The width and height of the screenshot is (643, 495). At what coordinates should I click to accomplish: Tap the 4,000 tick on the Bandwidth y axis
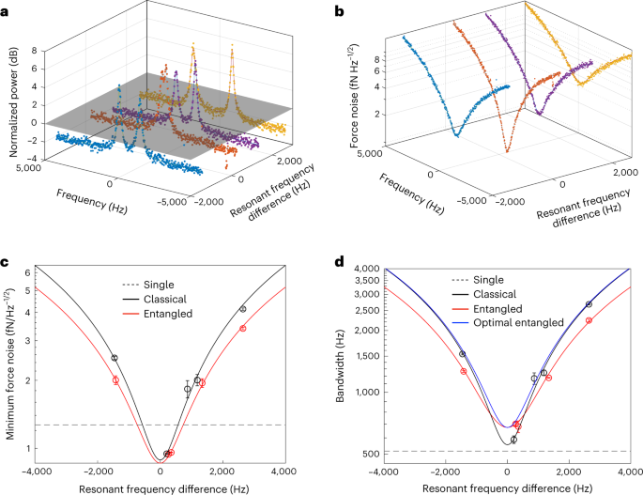click(x=360, y=270)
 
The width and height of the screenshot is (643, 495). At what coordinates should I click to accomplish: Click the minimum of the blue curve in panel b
click(x=457, y=135)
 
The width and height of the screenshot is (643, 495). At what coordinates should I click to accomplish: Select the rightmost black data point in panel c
click(x=243, y=309)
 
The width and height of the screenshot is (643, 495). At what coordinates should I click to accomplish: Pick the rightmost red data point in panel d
click(x=589, y=320)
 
